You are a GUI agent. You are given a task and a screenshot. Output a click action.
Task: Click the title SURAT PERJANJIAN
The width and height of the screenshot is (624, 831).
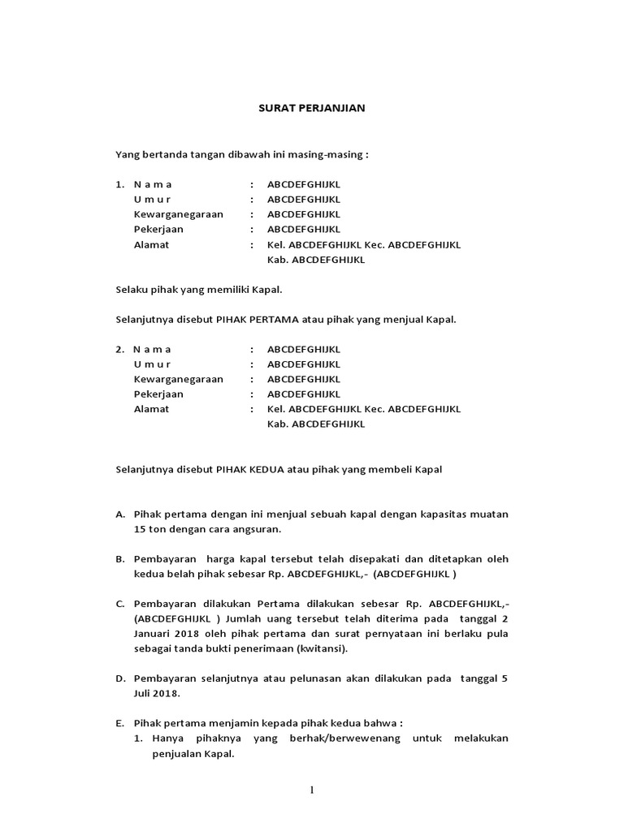[x=312, y=108]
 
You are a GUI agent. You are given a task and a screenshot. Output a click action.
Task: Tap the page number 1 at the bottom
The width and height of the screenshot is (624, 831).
[x=311, y=791]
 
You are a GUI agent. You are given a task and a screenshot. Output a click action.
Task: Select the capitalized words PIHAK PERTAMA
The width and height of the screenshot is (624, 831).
[x=249, y=319]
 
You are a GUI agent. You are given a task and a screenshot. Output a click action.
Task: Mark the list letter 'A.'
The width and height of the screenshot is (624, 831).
[x=120, y=515]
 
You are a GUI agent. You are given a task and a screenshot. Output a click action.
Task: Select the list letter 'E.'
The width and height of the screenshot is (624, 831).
[x=120, y=724]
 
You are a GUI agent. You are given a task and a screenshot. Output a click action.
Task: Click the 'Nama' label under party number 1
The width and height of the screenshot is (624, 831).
[x=153, y=184]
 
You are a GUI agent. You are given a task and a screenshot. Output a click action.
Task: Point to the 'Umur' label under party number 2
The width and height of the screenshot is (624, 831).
[x=153, y=364]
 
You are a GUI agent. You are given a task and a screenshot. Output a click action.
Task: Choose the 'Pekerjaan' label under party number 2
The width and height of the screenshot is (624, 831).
[x=158, y=394]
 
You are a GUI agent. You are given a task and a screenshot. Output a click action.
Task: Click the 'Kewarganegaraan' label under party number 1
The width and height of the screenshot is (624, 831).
[x=178, y=214]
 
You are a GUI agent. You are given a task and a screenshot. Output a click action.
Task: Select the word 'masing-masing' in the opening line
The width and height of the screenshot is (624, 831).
[x=328, y=154]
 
